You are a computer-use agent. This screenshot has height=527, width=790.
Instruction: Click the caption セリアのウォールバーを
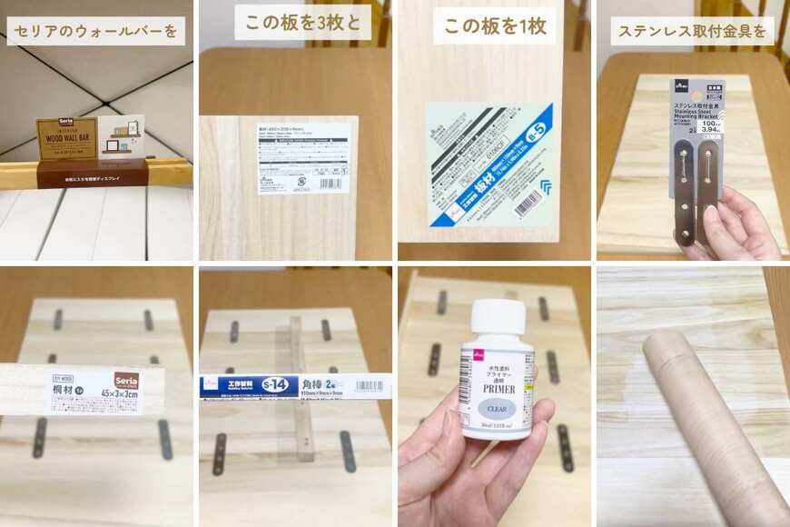pyautogui.click(x=95, y=31)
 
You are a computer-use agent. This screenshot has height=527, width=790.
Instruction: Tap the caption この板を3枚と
pyautogui.click(x=302, y=23)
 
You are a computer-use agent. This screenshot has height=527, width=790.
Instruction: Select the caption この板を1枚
pyautogui.click(x=494, y=26)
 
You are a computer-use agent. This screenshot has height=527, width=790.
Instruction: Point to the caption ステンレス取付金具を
pyautogui.click(x=692, y=31)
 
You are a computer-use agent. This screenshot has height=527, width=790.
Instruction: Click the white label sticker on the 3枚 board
pyautogui.click(x=302, y=157)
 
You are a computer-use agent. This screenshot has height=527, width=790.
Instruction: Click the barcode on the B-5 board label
pyautogui.click(x=528, y=203)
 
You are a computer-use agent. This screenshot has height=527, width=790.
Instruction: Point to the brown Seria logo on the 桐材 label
pyautogui.click(x=124, y=379)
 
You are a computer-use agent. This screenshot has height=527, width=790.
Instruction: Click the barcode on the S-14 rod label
pyautogui.click(x=369, y=385)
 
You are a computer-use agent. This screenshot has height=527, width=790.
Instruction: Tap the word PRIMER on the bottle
pyautogui.click(x=499, y=389)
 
